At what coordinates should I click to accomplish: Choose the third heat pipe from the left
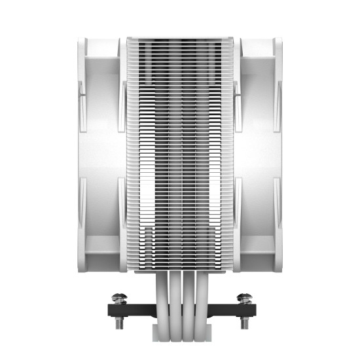(x=188, y=288)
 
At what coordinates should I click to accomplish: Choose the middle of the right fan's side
(x=260, y=154)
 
